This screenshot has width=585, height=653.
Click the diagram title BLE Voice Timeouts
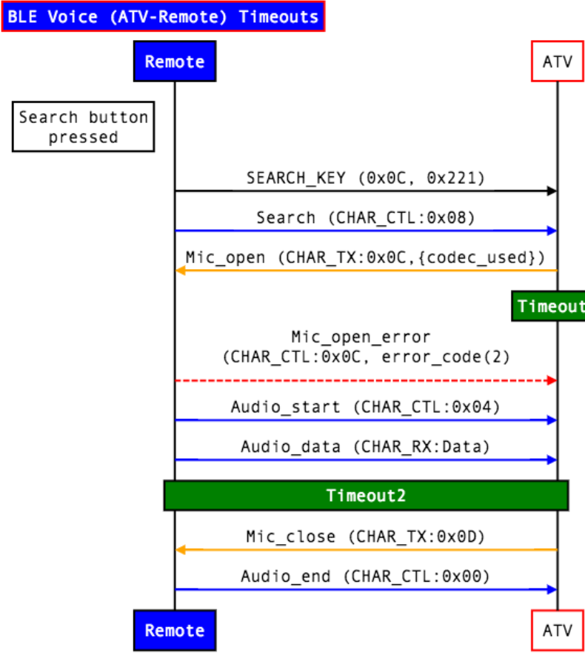[x=163, y=16]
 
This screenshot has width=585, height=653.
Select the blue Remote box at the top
[x=175, y=62]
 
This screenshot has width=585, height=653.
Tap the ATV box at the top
[x=557, y=62]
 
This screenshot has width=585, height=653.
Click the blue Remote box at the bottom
[x=175, y=631]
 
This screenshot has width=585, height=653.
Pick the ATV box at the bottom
[x=557, y=631]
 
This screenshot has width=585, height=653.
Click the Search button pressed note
[x=83, y=127]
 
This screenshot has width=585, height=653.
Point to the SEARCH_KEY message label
[x=365, y=178]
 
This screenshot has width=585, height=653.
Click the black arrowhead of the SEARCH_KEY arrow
[x=551, y=191]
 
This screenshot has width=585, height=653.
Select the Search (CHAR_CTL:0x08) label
[x=365, y=218]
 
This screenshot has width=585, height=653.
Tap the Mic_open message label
[x=365, y=257]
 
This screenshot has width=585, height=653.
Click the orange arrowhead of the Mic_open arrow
[x=180, y=271]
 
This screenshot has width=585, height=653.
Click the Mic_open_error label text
[x=365, y=347]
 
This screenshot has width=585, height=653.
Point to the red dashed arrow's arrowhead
[x=551, y=380]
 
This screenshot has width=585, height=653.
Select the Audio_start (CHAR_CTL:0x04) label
[x=365, y=407]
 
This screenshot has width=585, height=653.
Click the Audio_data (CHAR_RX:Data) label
[x=365, y=447]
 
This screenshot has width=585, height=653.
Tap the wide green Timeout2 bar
[x=366, y=496]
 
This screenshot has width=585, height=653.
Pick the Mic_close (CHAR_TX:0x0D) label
[x=365, y=537]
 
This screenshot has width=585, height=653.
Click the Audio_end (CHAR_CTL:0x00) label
[x=365, y=576]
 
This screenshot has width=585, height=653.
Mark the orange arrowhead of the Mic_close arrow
[x=180, y=550]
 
